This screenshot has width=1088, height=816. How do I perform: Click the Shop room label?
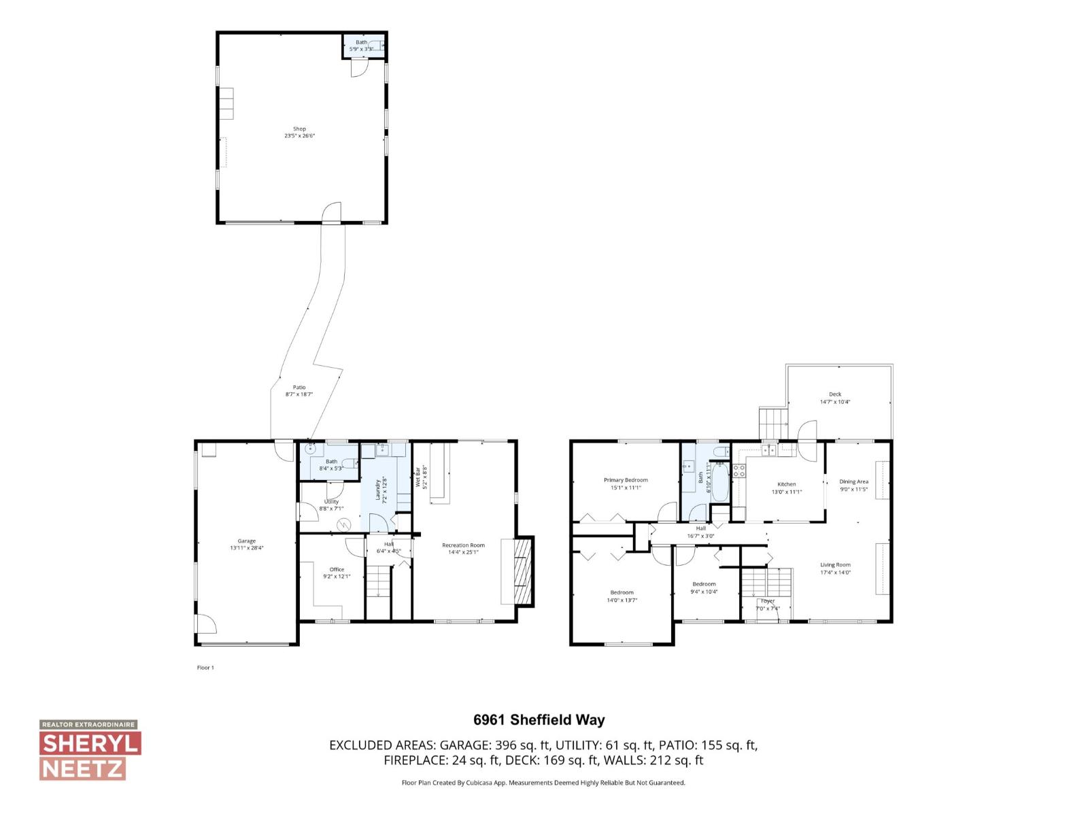tap(299, 129)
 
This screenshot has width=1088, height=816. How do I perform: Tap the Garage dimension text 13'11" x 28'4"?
tap(246, 547)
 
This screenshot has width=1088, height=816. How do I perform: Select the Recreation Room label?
tap(463, 545)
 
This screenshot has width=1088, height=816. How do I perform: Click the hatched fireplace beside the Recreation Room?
tap(522, 571)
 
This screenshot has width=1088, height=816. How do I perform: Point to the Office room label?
tap(337, 569)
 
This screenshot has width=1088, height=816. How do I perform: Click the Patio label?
tap(299, 387)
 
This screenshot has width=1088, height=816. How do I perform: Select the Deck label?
tap(835, 394)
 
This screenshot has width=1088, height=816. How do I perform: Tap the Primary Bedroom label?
tap(626, 480)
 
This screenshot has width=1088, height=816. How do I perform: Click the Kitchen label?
tap(787, 484)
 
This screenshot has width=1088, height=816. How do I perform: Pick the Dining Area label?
tap(853, 481)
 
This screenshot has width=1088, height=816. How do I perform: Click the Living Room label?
tap(835, 564)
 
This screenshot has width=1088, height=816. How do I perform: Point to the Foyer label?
tap(768, 601)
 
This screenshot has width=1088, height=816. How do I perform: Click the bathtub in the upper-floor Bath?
tap(720, 482)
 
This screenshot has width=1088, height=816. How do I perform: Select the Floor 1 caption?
tap(205, 668)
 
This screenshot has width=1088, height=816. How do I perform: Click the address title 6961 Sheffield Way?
tap(539, 720)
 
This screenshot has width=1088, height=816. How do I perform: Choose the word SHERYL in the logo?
tap(90, 743)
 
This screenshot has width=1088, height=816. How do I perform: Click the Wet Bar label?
tap(418, 477)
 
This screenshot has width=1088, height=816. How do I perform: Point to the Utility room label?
tap(331, 501)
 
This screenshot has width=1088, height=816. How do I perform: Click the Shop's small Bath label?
tap(361, 42)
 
